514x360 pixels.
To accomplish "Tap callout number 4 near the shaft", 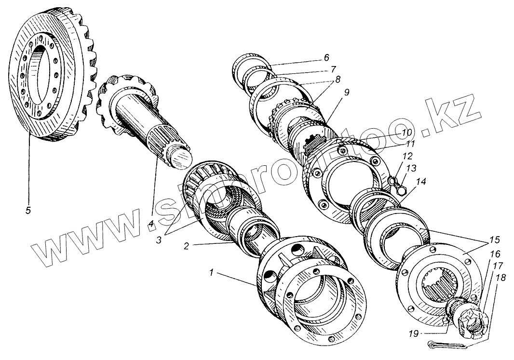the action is (151, 224).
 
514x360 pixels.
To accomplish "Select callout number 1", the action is (211, 273).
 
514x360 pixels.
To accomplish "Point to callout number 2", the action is (186, 245).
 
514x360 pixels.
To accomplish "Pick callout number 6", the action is (326, 57).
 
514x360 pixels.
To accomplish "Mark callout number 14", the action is (422, 182).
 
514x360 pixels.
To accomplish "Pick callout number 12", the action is (407, 156).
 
